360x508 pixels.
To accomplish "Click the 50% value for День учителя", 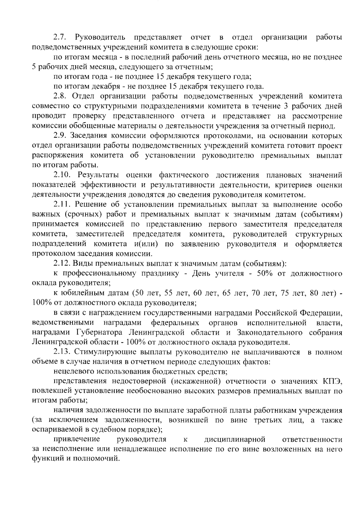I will (x=265, y=273).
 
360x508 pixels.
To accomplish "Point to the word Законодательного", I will (x=269, y=332).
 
